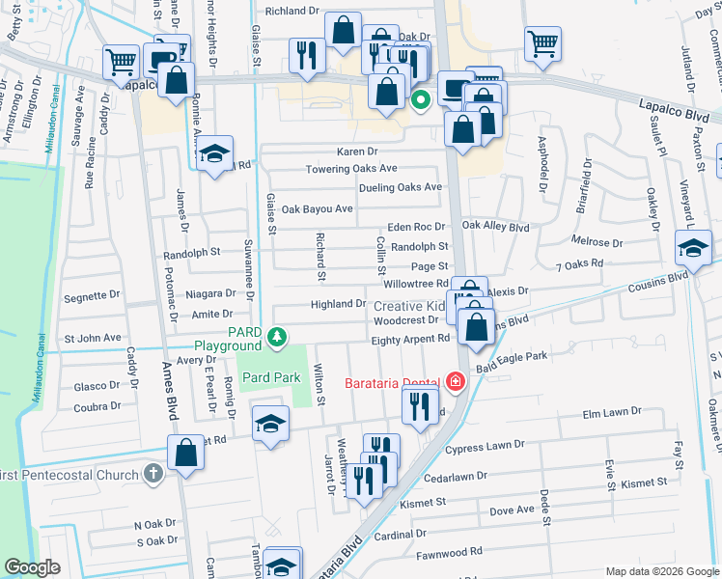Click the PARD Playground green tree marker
point(277,337)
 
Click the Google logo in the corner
point(33,567)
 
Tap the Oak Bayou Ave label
point(317,208)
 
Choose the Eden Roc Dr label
point(416,227)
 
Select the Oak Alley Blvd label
point(496,227)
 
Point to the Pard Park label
point(271,377)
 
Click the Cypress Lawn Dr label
point(485,446)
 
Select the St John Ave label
point(93,339)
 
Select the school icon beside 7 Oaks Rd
point(693,248)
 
